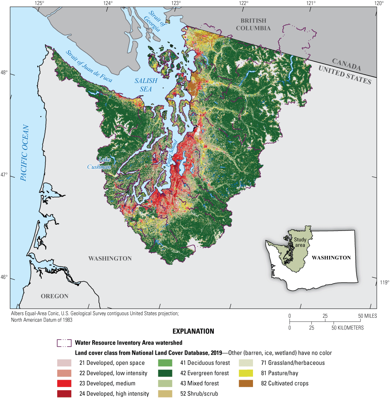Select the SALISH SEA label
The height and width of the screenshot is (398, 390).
[x=146, y=84]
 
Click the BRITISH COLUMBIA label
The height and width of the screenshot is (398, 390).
[x=253, y=24]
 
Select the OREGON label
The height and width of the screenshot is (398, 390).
[x=54, y=296]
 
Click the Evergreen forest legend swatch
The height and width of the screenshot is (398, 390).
[x=165, y=373]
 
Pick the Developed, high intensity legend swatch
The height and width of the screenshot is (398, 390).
[x=64, y=393]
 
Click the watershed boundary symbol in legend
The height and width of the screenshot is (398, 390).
[x=64, y=343]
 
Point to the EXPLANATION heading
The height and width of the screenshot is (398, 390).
[x=193, y=331]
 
